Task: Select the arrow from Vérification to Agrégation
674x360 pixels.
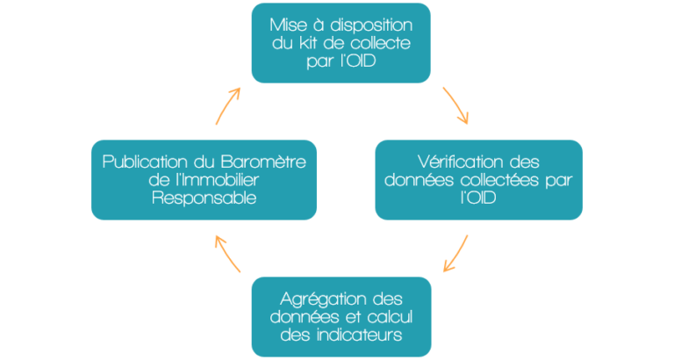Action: coord(455,253)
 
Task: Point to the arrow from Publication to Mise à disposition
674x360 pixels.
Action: coord(227,104)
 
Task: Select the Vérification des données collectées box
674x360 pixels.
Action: coord(478,179)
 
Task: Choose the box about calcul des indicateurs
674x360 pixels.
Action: coord(341,315)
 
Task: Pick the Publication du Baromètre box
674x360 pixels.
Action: coord(204,179)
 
